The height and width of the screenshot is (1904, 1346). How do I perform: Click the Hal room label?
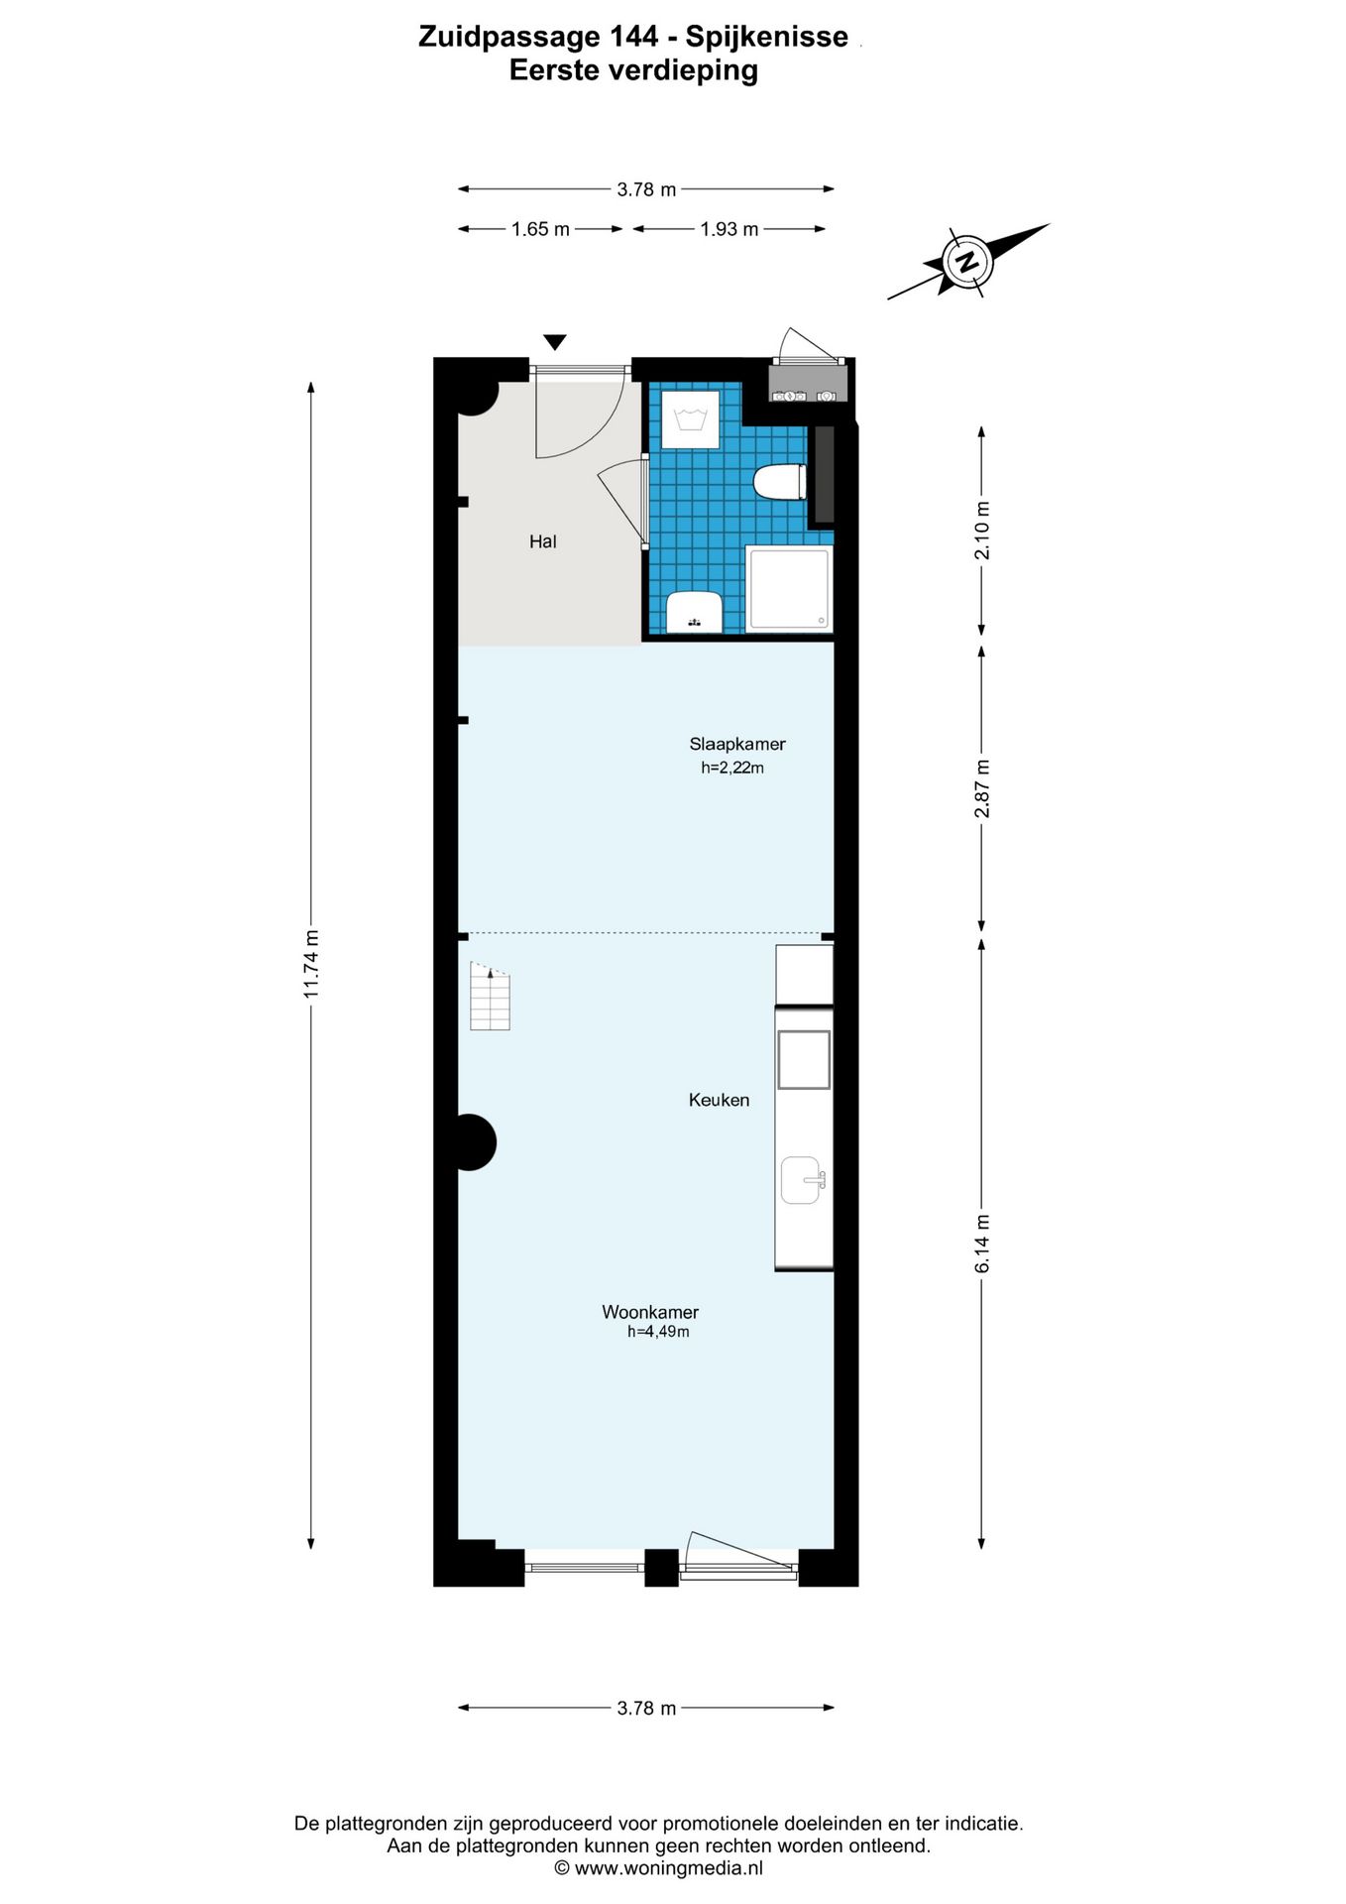click(x=542, y=541)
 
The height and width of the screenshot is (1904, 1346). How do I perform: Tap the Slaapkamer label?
click(x=736, y=744)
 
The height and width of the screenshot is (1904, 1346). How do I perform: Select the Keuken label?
click(x=719, y=1100)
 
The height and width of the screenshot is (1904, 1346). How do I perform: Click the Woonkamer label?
click(x=650, y=1312)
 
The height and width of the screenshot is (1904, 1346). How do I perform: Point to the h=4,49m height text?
click(x=658, y=1332)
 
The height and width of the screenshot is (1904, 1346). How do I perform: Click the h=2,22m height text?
click(x=732, y=768)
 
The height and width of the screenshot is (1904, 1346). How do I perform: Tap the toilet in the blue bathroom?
click(x=779, y=483)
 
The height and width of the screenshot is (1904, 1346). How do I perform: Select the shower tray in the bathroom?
click(x=789, y=589)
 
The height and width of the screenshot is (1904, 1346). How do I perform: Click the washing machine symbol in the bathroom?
click(x=690, y=419)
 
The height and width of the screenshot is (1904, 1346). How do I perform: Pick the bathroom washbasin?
click(x=693, y=611)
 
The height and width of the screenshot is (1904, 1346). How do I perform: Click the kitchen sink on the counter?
click(x=801, y=1180)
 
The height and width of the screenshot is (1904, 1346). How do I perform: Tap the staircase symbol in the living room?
click(x=490, y=997)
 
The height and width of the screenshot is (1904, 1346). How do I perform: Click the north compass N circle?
click(x=964, y=262)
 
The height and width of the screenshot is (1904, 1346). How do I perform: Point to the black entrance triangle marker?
click(x=555, y=342)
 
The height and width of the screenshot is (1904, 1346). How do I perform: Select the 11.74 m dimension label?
click(x=311, y=964)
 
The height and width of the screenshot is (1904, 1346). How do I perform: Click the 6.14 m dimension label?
click(x=982, y=1244)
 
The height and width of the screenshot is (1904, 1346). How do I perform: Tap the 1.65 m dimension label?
click(x=540, y=229)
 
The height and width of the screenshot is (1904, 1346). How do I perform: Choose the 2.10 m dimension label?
click(x=982, y=531)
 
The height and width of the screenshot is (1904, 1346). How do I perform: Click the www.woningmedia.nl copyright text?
click(x=659, y=1868)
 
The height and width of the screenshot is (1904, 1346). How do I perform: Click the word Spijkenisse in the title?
click(x=766, y=37)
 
